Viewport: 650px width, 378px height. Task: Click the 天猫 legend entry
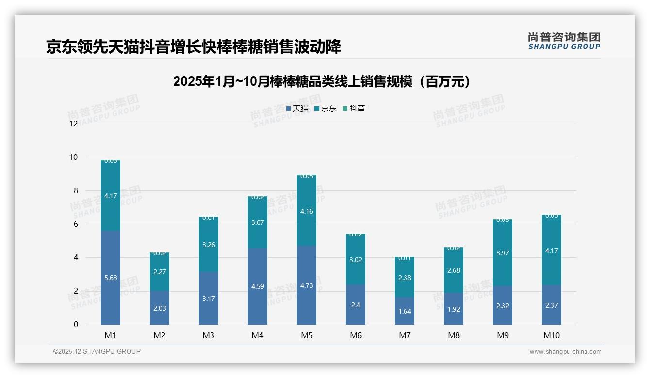coord(297,109)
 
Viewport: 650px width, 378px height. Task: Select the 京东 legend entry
coord(325,109)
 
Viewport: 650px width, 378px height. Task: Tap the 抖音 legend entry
coord(354,109)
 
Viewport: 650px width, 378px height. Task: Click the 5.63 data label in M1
coord(111,278)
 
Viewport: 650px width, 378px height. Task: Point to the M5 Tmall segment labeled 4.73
coord(307,285)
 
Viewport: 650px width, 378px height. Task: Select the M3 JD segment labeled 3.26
coord(209,245)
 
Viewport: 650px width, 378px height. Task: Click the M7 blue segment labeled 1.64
coord(405,311)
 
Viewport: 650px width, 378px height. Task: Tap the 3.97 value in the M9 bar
coord(503,253)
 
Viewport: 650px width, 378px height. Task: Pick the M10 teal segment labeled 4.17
coord(552,251)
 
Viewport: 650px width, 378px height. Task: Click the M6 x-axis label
coord(356,335)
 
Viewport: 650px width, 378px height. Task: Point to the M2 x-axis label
coord(160,335)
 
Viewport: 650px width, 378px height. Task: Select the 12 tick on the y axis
coord(74,124)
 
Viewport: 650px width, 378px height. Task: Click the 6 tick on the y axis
coord(75,224)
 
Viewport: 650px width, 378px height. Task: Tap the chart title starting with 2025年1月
coord(322,81)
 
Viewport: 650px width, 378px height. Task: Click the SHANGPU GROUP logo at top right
coord(564,41)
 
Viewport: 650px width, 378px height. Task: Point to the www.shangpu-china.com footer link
coord(565,352)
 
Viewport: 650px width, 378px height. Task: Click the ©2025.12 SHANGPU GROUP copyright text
coord(97,351)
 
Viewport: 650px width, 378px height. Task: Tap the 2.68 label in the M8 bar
coord(454,270)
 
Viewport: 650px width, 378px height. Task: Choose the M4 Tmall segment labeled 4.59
coord(258,286)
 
